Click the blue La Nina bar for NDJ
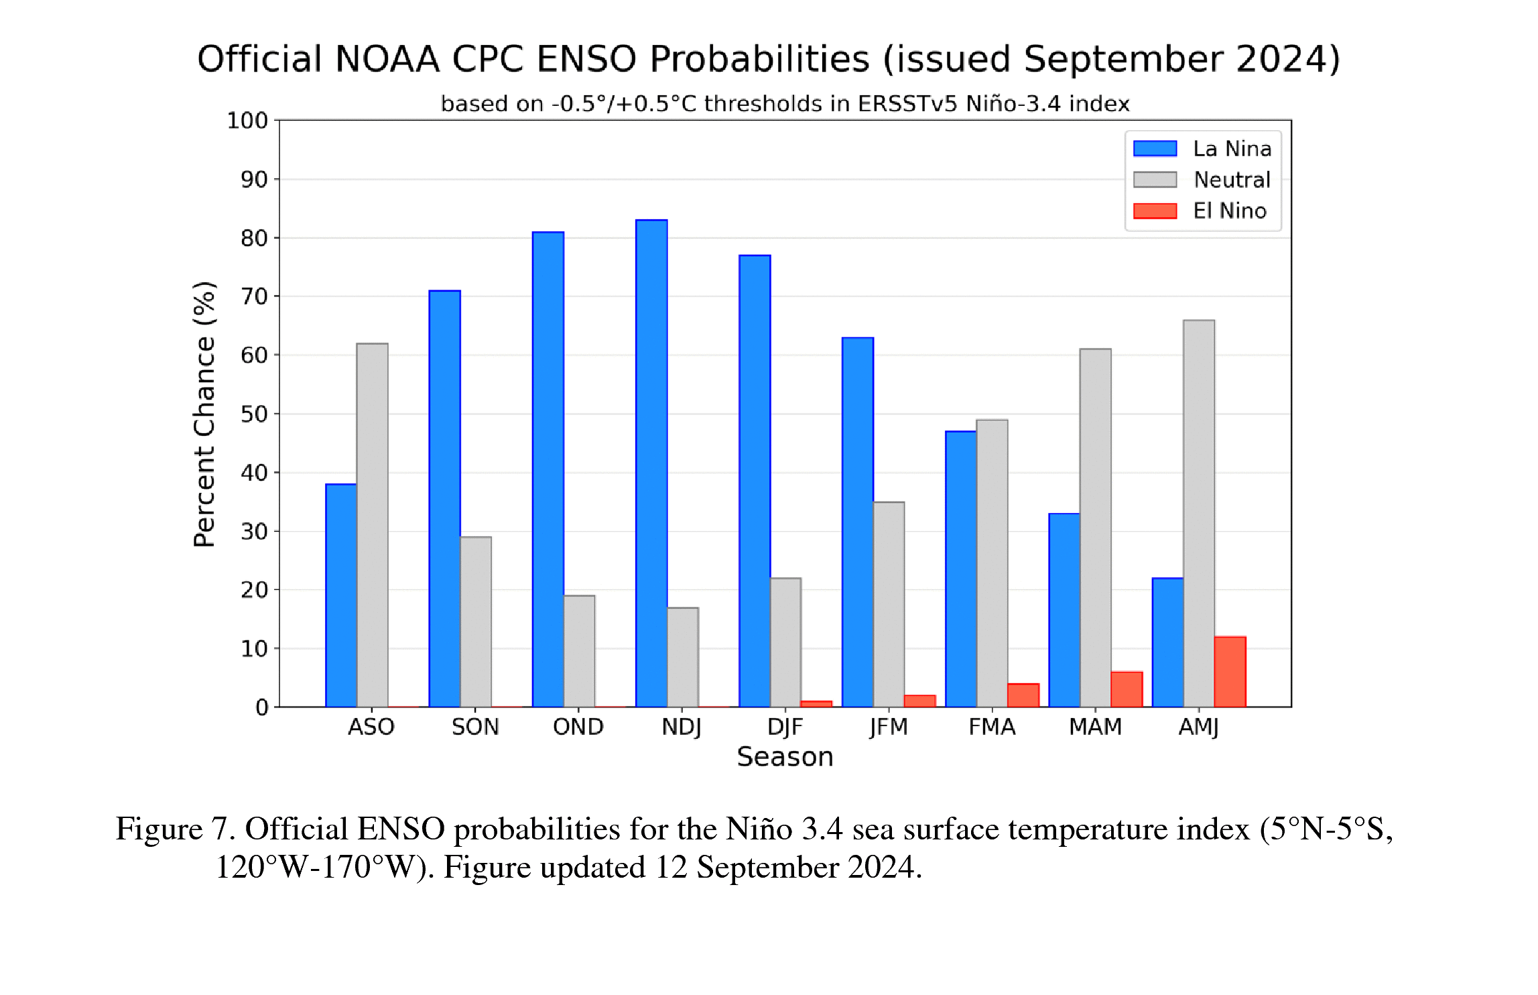[651, 463]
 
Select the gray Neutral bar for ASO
[372, 525]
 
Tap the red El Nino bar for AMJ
[1230, 671]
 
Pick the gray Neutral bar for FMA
[992, 563]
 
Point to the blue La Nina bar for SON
[444, 498]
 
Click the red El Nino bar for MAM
[1127, 689]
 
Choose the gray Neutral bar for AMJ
[1199, 513]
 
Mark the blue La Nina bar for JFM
[858, 522]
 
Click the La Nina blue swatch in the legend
[1155, 148]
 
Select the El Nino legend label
[1230, 211]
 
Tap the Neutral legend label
[1232, 180]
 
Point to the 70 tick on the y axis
[255, 296]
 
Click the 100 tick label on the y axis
[247, 121]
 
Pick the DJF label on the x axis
[785, 727]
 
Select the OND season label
[578, 727]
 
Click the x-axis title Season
[785, 757]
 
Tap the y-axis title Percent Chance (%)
[204, 414]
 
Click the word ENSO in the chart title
[586, 59]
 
